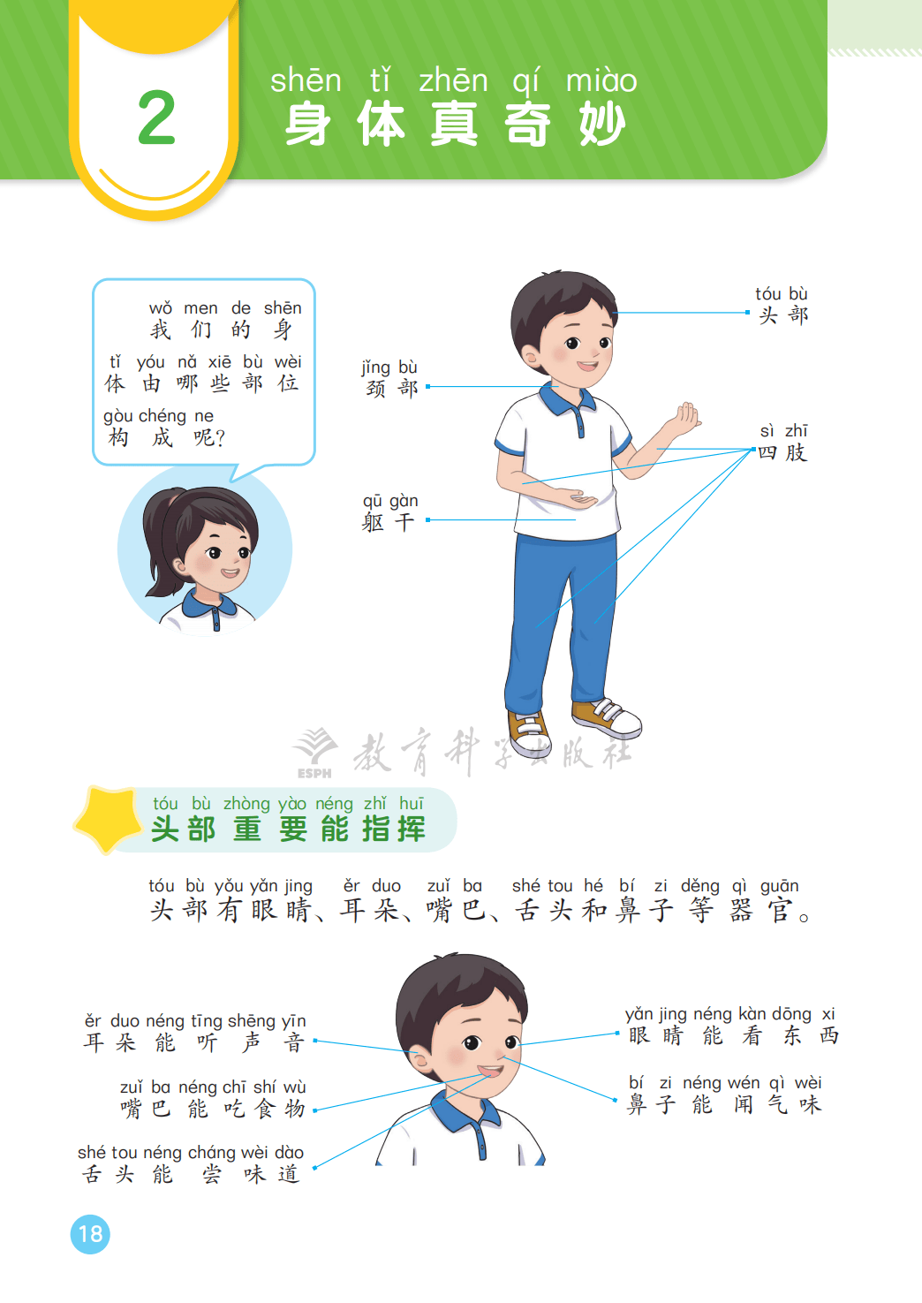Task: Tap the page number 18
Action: point(90,1234)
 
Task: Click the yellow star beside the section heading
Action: point(109,819)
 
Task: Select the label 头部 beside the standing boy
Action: point(783,315)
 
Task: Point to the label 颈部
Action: point(391,388)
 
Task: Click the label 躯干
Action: point(388,522)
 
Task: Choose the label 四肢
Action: point(782,452)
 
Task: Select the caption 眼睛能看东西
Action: point(734,1035)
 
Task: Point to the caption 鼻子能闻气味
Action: point(724,1104)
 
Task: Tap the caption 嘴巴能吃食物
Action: point(213,1108)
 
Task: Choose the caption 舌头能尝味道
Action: point(190,1174)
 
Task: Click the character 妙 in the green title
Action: point(602,124)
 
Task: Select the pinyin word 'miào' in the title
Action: point(601,80)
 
